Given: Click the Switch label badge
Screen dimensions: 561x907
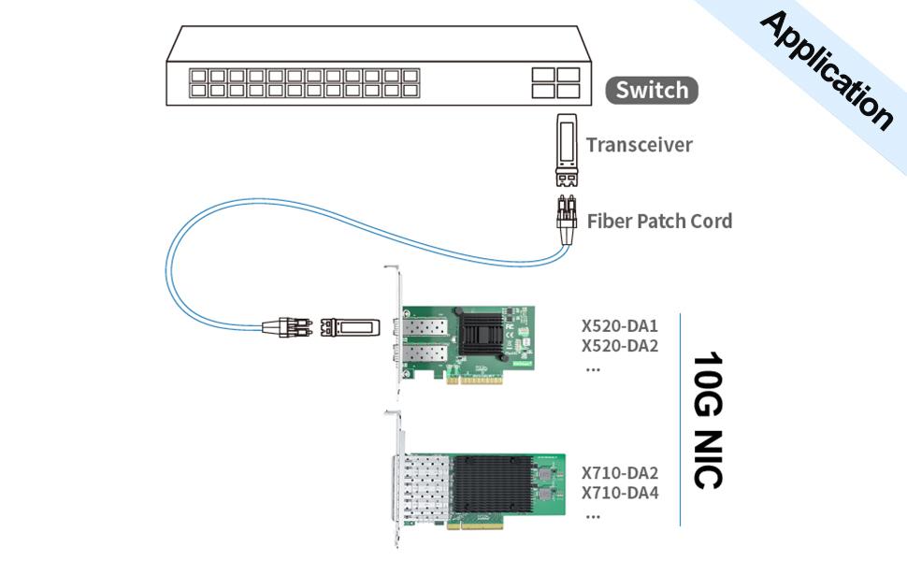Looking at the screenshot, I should click(652, 91).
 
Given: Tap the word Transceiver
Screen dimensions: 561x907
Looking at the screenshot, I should click(640, 145).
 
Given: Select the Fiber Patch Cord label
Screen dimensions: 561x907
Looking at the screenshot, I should click(659, 222).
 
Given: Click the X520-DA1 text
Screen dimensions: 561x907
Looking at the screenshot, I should click(620, 326).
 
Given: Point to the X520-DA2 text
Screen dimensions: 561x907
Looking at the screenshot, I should click(620, 346).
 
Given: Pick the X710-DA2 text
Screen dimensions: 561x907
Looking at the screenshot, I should click(620, 473).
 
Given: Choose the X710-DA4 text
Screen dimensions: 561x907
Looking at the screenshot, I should click(620, 493).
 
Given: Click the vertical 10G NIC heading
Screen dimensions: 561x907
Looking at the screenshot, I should click(708, 420).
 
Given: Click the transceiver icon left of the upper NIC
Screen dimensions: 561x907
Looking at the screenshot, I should click(350, 327).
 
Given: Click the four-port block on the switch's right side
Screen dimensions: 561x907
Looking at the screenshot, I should click(555, 82).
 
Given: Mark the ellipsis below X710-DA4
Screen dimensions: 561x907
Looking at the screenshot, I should click(592, 514).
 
